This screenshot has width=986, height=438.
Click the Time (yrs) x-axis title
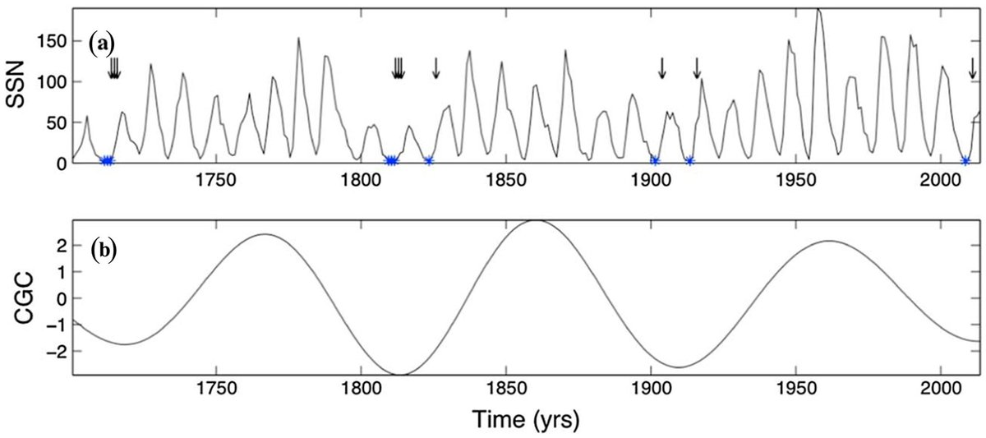525,420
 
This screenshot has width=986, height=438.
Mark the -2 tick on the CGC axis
54,351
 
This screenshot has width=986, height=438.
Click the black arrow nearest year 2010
972,69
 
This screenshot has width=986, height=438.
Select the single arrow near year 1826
436,69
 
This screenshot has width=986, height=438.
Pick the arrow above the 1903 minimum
661,69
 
